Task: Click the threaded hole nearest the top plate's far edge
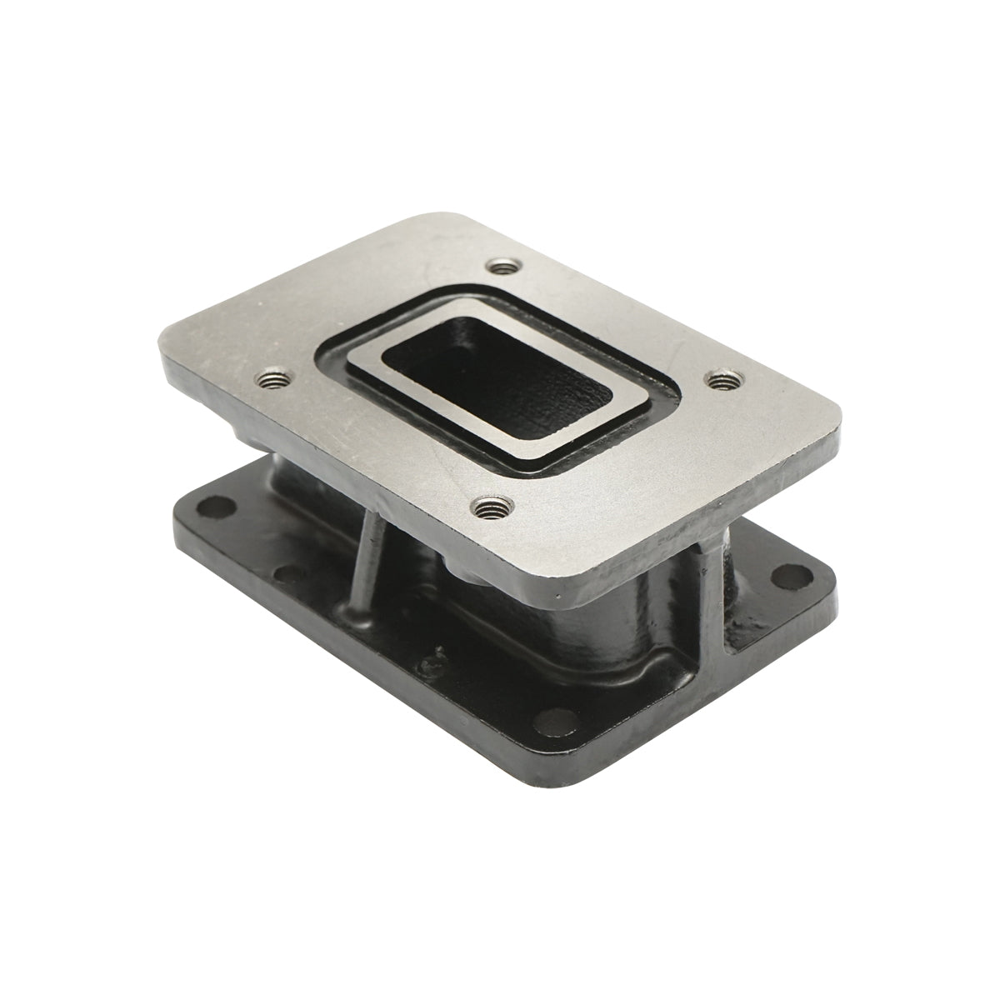tap(501, 267)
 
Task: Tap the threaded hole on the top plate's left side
tap(271, 381)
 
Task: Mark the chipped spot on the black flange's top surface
tap(430, 664)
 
